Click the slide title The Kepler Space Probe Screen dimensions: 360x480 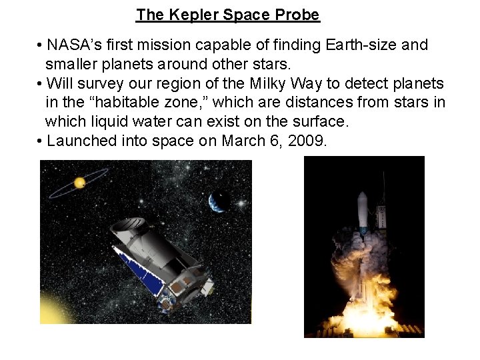[x=228, y=15]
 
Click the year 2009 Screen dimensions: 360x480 [x=307, y=141]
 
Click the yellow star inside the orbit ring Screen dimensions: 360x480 [x=79, y=183]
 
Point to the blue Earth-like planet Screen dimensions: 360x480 [x=219, y=201]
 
